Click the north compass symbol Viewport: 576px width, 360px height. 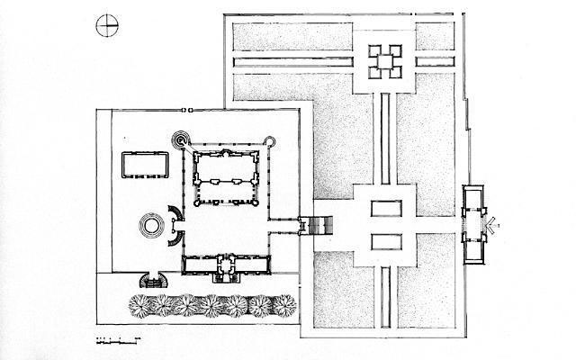(106, 25)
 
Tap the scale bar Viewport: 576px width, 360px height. (118, 339)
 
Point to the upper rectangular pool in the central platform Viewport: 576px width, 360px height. (384, 209)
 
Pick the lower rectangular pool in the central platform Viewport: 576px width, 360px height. (384, 241)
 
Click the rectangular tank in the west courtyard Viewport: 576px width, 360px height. (145, 165)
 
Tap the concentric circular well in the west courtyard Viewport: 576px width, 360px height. (151, 223)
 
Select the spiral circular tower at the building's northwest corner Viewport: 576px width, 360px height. (182, 140)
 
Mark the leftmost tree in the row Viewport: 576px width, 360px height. (142, 305)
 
